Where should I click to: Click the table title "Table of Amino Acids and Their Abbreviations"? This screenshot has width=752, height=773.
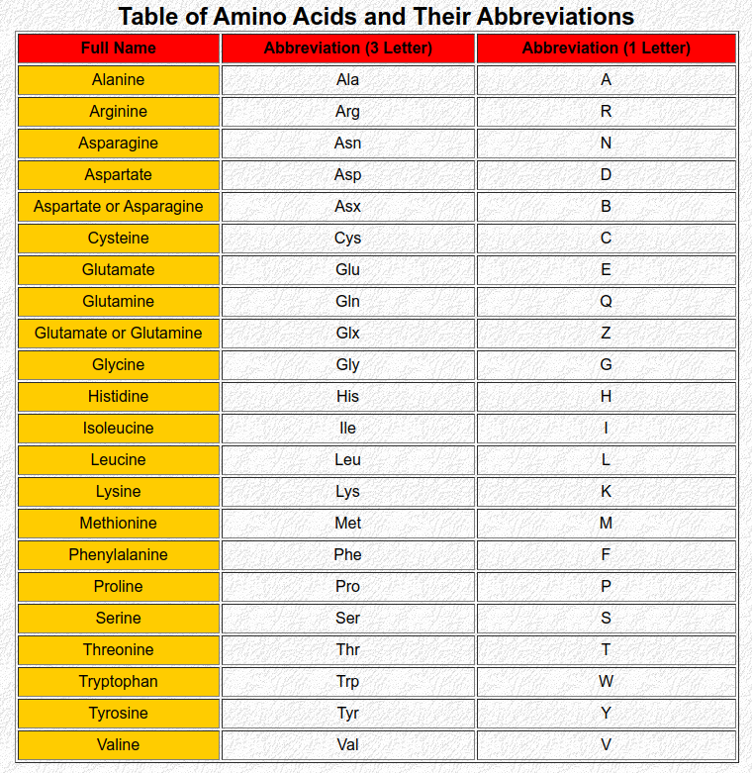[x=376, y=17]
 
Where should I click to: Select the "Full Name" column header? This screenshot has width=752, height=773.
[x=119, y=48]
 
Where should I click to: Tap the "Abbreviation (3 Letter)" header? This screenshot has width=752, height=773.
[x=348, y=48]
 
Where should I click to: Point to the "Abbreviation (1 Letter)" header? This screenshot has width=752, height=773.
[x=606, y=48]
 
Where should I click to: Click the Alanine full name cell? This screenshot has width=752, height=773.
[x=119, y=80]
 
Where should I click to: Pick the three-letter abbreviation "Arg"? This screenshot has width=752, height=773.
[x=348, y=112]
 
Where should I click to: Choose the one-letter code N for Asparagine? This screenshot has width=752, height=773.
[x=606, y=144]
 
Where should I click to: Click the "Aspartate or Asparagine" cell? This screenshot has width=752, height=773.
[x=119, y=207]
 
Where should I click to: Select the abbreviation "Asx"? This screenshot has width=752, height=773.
[x=348, y=207]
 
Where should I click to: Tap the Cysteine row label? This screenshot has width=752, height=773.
[x=119, y=239]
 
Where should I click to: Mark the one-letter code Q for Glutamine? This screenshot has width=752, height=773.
[x=606, y=302]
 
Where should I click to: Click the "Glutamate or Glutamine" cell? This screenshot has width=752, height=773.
[x=119, y=334]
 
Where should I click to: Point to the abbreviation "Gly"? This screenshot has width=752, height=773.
[x=348, y=365]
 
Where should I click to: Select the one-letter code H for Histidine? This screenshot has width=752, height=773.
[x=606, y=397]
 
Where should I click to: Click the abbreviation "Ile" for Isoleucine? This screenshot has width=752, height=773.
[x=348, y=429]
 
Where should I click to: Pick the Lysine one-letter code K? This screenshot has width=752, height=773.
[x=606, y=492]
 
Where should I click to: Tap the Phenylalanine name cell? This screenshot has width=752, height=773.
[x=119, y=555]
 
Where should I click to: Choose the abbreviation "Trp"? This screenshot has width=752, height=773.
[x=348, y=682]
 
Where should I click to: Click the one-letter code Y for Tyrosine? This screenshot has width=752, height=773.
[x=606, y=714]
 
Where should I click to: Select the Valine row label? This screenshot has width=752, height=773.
[x=119, y=745]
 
